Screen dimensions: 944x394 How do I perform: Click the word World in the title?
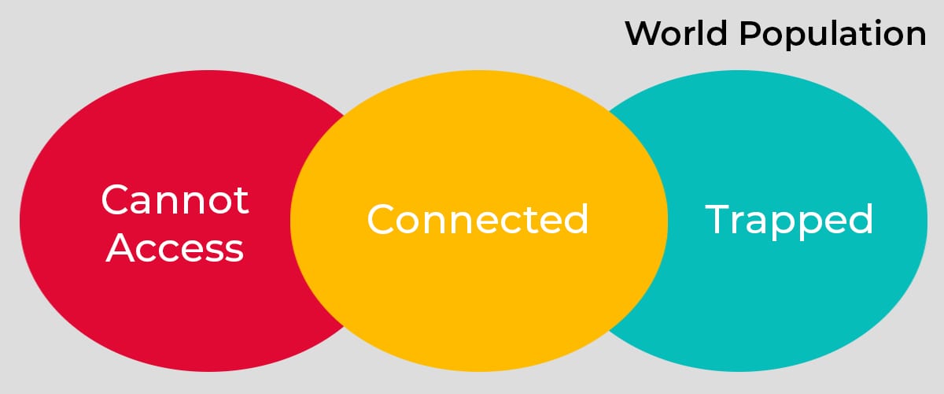coord(677,33)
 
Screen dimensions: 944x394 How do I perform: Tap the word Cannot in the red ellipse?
coord(175,199)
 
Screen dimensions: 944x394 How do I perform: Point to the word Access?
coord(175,248)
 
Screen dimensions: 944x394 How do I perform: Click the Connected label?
coord(478,219)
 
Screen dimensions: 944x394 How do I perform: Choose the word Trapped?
coord(789,221)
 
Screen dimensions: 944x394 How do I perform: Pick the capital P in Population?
coord(750,33)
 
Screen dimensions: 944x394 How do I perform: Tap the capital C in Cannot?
coord(115,199)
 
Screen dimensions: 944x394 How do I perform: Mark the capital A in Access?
coord(120,247)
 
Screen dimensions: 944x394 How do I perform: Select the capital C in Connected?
coord(381,219)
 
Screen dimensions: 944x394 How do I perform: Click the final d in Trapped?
coord(861,219)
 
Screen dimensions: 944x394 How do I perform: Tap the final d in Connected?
coord(576,219)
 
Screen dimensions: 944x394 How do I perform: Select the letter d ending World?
coord(717,33)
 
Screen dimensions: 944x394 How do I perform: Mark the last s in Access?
coord(234,251)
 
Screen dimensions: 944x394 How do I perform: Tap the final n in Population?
coord(915,36)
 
